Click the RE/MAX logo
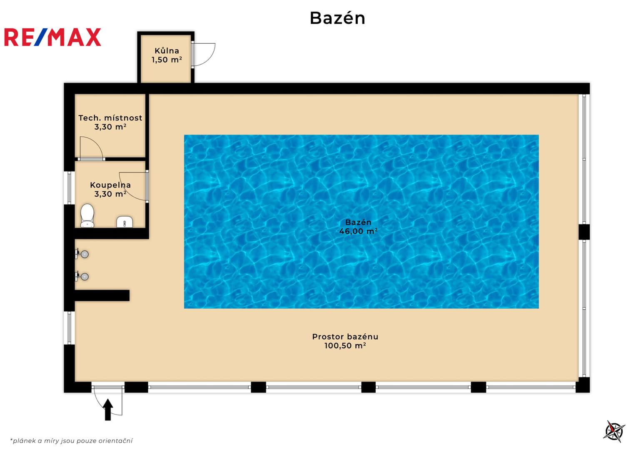tap(53, 37)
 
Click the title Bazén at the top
tap(337, 18)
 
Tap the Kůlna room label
tap(167, 50)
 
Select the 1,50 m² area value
tap(167, 60)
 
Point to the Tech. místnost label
tap(110, 117)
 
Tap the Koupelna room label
tap(110, 185)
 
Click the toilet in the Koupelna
tap(87, 216)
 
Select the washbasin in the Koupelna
tap(125, 222)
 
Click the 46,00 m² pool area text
tap(358, 231)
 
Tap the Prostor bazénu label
tap(345, 337)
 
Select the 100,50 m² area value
tap(345, 346)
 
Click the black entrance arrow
tap(108, 410)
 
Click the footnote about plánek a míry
tap(71, 441)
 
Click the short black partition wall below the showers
tap(102, 295)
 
